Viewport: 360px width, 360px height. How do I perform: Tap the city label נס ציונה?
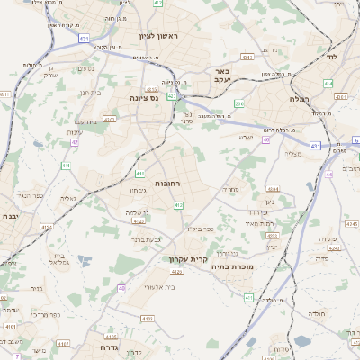(143, 97)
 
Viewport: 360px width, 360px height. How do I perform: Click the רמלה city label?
(300, 98)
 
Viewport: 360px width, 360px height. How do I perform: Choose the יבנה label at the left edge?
(10, 217)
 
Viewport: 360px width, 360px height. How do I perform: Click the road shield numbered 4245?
(351, 224)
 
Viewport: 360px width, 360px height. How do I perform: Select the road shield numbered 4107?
(63, 343)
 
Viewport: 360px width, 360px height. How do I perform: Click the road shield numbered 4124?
(138, 220)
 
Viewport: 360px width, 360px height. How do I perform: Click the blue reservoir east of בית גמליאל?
(85, 261)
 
